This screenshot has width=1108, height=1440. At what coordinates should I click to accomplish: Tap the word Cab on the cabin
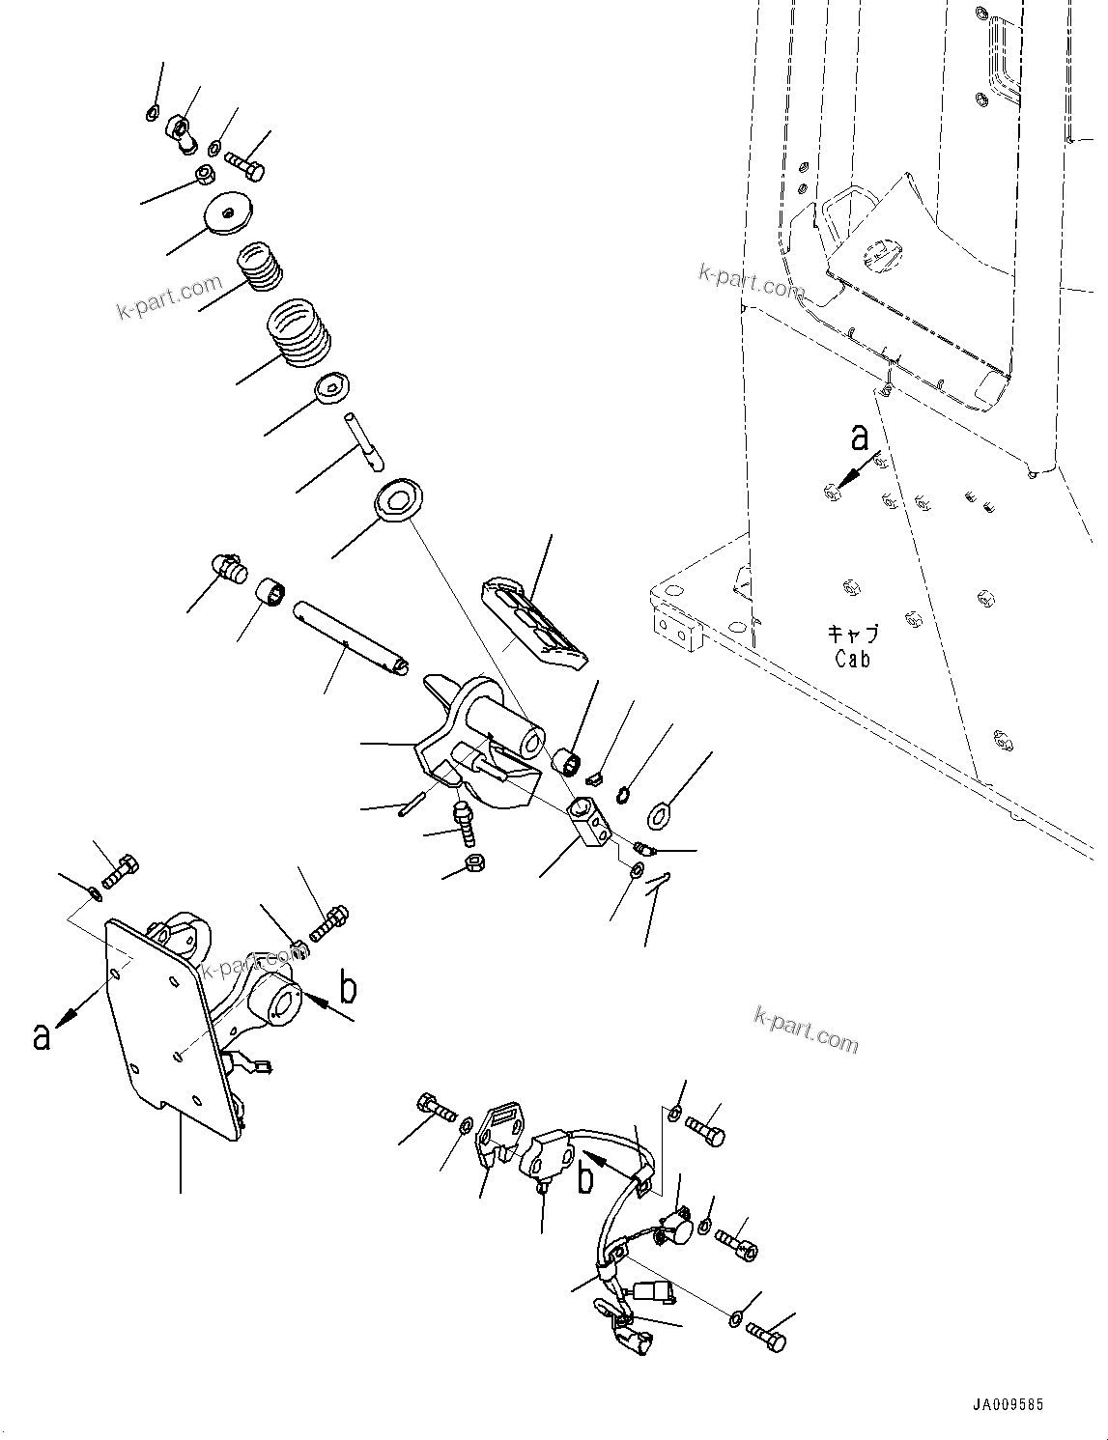pyautogui.click(x=853, y=660)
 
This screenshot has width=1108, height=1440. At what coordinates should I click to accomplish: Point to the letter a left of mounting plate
pyautogui.click(x=41, y=1036)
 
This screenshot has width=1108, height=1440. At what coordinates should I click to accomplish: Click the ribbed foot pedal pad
pyautogui.click(x=534, y=624)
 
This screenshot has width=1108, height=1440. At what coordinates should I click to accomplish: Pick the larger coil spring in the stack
pyautogui.click(x=298, y=333)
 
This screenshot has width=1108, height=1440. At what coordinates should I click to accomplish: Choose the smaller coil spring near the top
pyautogui.click(x=260, y=267)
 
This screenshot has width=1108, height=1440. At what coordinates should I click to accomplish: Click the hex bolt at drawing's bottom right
pyautogui.click(x=768, y=1338)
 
